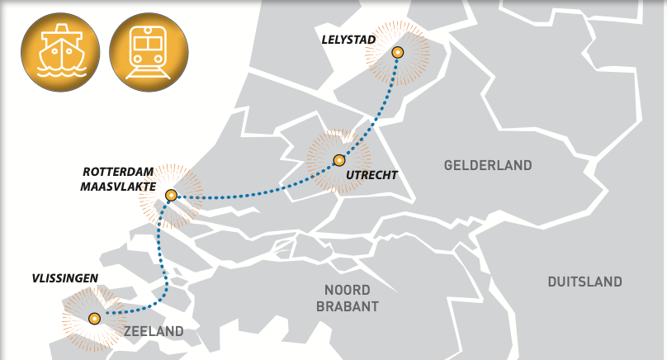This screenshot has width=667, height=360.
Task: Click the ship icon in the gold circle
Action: coord(59,51)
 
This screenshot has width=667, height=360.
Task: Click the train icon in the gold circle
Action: coord(149,51)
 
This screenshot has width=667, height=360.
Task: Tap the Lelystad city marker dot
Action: coord(398,53)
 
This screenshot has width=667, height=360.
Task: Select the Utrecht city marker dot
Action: coord(338,160)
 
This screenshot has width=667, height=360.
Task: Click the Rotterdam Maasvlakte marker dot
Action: coord(171,196)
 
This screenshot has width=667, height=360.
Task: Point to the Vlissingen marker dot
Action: coord(94,319)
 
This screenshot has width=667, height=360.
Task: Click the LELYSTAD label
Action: coord(348,39)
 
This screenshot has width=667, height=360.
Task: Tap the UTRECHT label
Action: coord(371,175)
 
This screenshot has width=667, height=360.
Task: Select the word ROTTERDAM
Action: coord(118,172)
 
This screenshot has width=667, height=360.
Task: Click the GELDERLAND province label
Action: coord(488,165)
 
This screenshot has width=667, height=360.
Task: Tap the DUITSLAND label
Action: coord(584,282)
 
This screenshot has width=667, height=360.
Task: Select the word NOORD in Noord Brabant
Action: coord(348,290)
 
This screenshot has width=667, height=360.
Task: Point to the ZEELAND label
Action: coord(154,332)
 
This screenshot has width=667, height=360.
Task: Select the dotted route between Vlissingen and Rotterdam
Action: coord(164,264)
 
